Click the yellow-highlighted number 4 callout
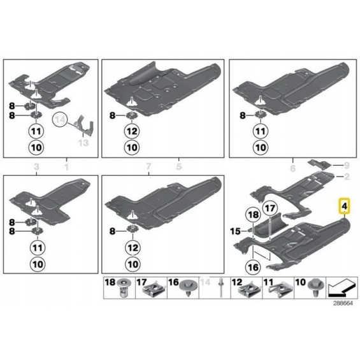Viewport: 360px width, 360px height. coord(344,206)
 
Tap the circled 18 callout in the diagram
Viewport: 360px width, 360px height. coord(254,215)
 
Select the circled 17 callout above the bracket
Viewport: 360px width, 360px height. coord(270,208)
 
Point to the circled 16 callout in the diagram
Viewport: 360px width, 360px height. coord(253,267)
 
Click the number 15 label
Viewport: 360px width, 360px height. coord(235,231)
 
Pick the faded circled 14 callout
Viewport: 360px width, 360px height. coord(61,120)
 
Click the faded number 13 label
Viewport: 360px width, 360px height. coord(83,143)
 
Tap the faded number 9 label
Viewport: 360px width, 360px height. coord(347,165)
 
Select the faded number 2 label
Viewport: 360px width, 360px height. coord(347,176)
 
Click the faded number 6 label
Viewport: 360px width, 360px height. coord(292,168)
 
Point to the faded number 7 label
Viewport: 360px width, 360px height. coord(148,166)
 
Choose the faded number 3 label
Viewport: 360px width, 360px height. coord(36,167)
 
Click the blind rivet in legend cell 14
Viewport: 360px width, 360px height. coord(221,287)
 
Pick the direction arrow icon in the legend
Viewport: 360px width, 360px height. coord(342,287)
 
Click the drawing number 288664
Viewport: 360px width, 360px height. coord(343,303)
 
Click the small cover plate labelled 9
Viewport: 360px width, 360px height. coord(319,164)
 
